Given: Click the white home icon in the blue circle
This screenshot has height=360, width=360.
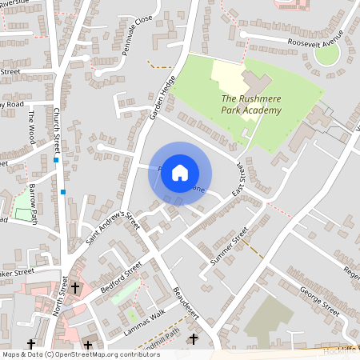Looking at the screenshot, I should pyautogui.click(x=180, y=173).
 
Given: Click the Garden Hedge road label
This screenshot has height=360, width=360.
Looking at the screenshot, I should pyautogui.click(x=162, y=103).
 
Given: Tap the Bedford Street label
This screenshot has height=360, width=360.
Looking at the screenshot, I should pyautogui.click(x=121, y=275).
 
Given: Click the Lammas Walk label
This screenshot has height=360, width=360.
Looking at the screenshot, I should pyautogui.click(x=146, y=314).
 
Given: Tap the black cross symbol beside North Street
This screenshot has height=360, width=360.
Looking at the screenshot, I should pyautogui.click(x=75, y=286).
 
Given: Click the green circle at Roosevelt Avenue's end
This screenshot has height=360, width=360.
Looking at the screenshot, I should pyautogui.click(x=326, y=54).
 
